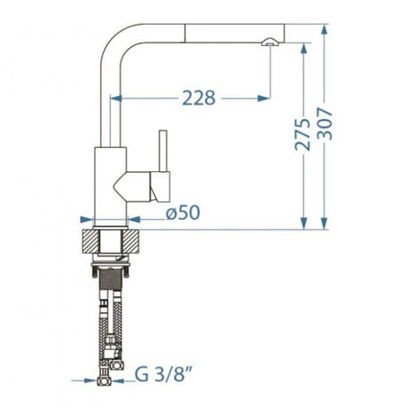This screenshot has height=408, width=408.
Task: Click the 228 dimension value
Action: pyautogui.click(x=199, y=98)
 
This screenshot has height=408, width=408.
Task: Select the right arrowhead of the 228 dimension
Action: pyautogui.click(x=263, y=98)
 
